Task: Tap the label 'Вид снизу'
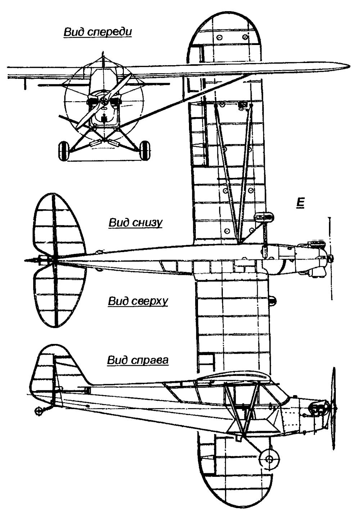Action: [x=135, y=223]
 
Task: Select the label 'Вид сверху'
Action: [x=138, y=301]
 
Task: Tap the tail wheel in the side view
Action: [x=38, y=411]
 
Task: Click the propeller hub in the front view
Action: [x=104, y=102]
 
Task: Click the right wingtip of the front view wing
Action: [x=344, y=66]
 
